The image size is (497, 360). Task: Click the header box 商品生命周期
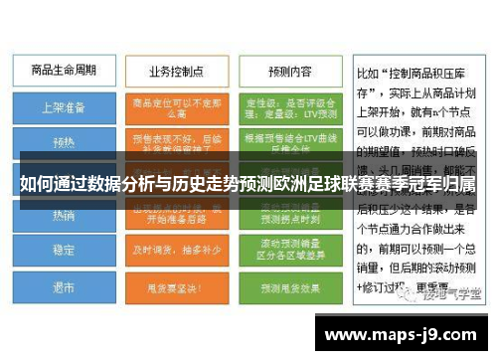[x=63, y=72]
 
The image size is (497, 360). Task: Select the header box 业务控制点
[x=178, y=72]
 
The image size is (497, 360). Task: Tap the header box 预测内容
[x=289, y=72]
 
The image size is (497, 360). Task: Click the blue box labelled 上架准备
[x=63, y=105]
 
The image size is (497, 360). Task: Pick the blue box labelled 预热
[x=63, y=141]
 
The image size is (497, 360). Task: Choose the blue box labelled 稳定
[x=63, y=251]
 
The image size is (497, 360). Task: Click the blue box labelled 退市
[x=63, y=286]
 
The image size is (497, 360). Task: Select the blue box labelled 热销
[x=63, y=215]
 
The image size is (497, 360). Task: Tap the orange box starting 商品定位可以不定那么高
[x=178, y=105]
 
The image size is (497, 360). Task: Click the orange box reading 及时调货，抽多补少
[x=178, y=251]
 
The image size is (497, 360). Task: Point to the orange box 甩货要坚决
[x=178, y=286]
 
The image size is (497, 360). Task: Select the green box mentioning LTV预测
[x=289, y=105]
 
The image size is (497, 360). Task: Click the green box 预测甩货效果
[x=289, y=286]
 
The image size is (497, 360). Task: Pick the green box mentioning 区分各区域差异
[x=289, y=251]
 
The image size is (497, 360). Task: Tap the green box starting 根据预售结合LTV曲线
[x=289, y=141]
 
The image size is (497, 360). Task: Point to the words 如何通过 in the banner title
[x=49, y=186]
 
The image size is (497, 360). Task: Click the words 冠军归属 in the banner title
[x=446, y=186]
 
